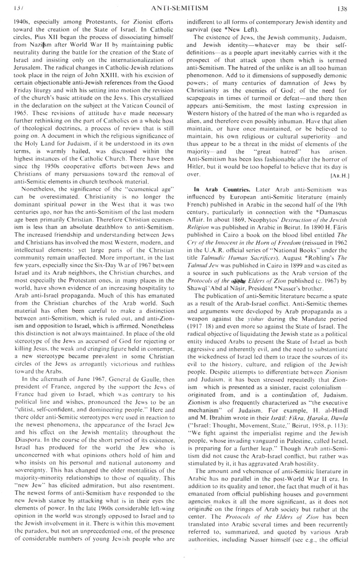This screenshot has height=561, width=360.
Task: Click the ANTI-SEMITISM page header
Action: (x=180, y=7)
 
